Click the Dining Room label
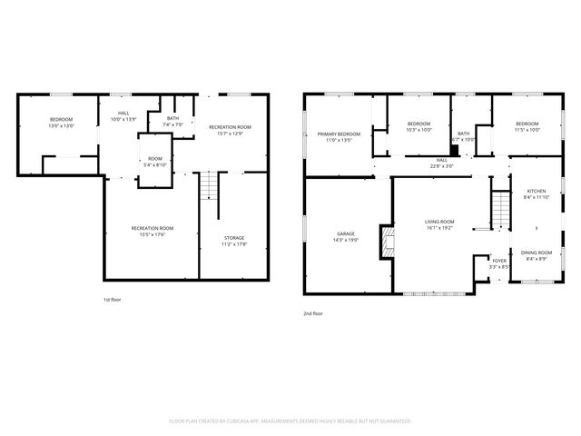(537, 254)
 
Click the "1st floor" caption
(111, 299)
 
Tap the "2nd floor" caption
(313, 313)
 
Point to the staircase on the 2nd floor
(498, 211)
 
